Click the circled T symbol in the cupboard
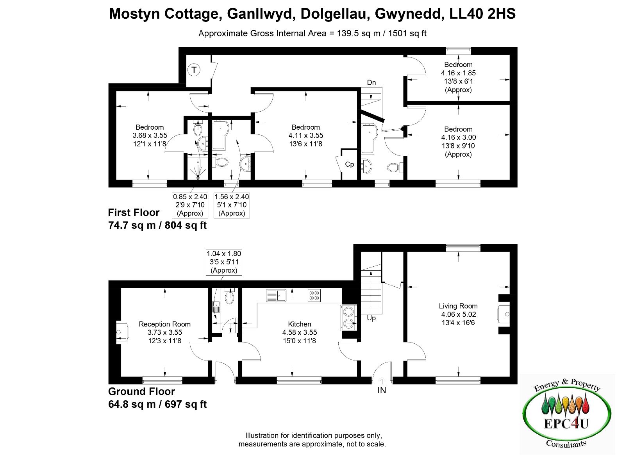pos(194,70)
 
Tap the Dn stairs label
pos(371,82)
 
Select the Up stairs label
pos(371,318)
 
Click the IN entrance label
pos(382,390)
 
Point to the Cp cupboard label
pos(349,164)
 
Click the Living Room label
pos(458,306)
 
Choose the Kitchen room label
pos(299,324)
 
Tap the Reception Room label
pos(164,324)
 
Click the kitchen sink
pos(276,296)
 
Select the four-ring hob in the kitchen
pos(314,296)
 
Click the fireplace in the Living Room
pos(504,314)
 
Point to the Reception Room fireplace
pos(122,332)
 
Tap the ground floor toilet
pos(230,296)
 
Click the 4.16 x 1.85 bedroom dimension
pos(458,73)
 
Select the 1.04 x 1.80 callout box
pos(224,262)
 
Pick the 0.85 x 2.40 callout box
pos(190,205)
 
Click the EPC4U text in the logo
pos(566,424)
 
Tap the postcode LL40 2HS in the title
pos(482,14)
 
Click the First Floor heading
pos(134,212)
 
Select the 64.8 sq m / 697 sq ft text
pos(157,404)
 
